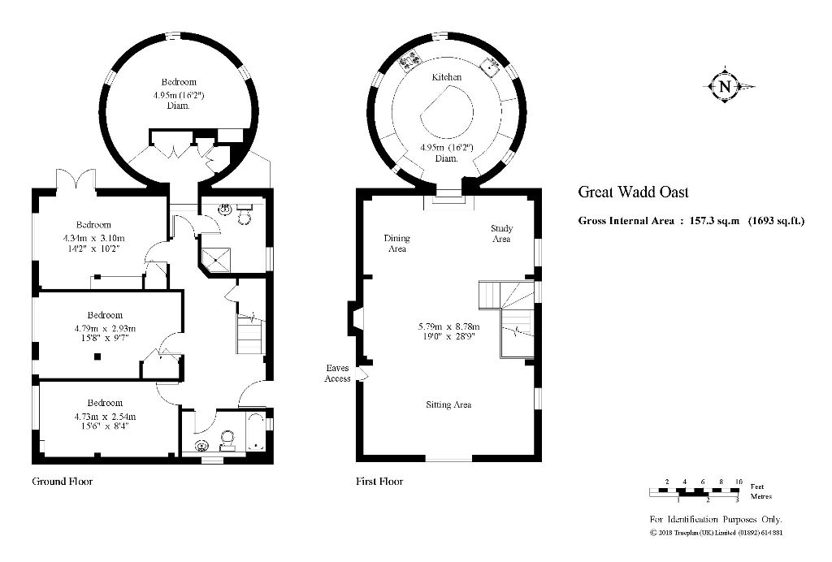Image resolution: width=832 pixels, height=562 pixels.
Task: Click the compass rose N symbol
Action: (725, 86)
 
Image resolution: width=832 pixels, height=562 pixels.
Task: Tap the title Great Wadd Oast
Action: (633, 192)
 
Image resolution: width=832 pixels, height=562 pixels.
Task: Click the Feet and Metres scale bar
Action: (695, 492)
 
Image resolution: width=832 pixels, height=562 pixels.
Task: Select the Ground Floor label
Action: (62, 482)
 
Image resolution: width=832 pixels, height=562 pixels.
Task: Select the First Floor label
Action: (379, 482)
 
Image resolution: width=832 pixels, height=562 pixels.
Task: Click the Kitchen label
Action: (446, 77)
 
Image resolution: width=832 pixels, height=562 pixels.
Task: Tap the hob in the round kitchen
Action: (409, 61)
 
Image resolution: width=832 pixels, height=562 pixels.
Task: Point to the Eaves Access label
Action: (337, 374)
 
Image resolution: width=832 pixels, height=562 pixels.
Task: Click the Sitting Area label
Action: (448, 404)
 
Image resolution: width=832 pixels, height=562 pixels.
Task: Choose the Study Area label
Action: (501, 233)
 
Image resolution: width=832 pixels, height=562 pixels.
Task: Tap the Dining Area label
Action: (396, 244)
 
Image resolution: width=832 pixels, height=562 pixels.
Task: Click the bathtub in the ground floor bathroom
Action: (256, 431)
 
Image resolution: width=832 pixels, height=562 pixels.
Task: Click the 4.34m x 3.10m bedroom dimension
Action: (94, 243)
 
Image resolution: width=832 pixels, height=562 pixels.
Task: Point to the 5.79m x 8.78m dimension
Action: (448, 331)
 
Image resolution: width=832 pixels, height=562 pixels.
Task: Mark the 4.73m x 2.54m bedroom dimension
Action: (105, 421)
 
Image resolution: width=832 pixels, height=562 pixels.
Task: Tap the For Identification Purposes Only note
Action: (715, 520)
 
